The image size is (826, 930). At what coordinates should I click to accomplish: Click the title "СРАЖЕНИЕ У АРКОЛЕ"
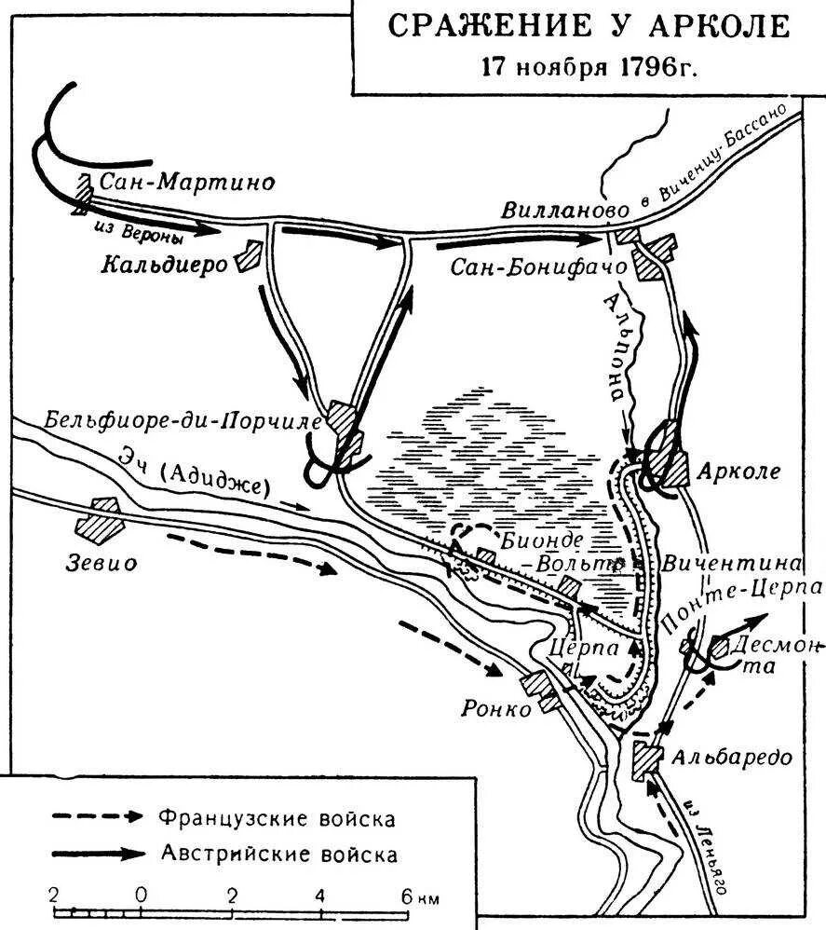pyautogui.click(x=588, y=26)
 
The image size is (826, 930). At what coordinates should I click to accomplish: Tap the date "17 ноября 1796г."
pyautogui.click(x=588, y=67)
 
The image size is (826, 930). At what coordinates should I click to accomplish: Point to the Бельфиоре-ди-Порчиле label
pyautogui.click(x=182, y=420)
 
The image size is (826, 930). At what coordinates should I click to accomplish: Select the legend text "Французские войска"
pyautogui.click(x=276, y=819)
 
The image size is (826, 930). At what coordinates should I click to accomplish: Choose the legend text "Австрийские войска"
pyautogui.click(x=278, y=853)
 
